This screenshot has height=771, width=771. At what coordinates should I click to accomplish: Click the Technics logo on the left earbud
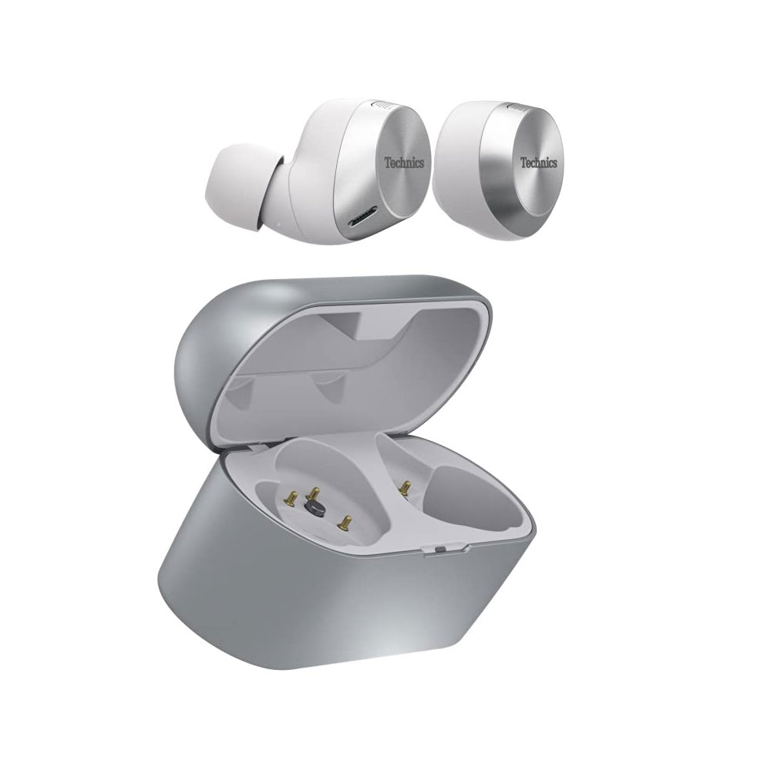[404, 163]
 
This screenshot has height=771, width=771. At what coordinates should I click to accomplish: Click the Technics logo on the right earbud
[539, 163]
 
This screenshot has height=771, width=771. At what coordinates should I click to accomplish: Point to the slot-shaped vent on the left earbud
[362, 217]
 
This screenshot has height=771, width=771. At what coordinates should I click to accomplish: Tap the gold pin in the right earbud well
[404, 488]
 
